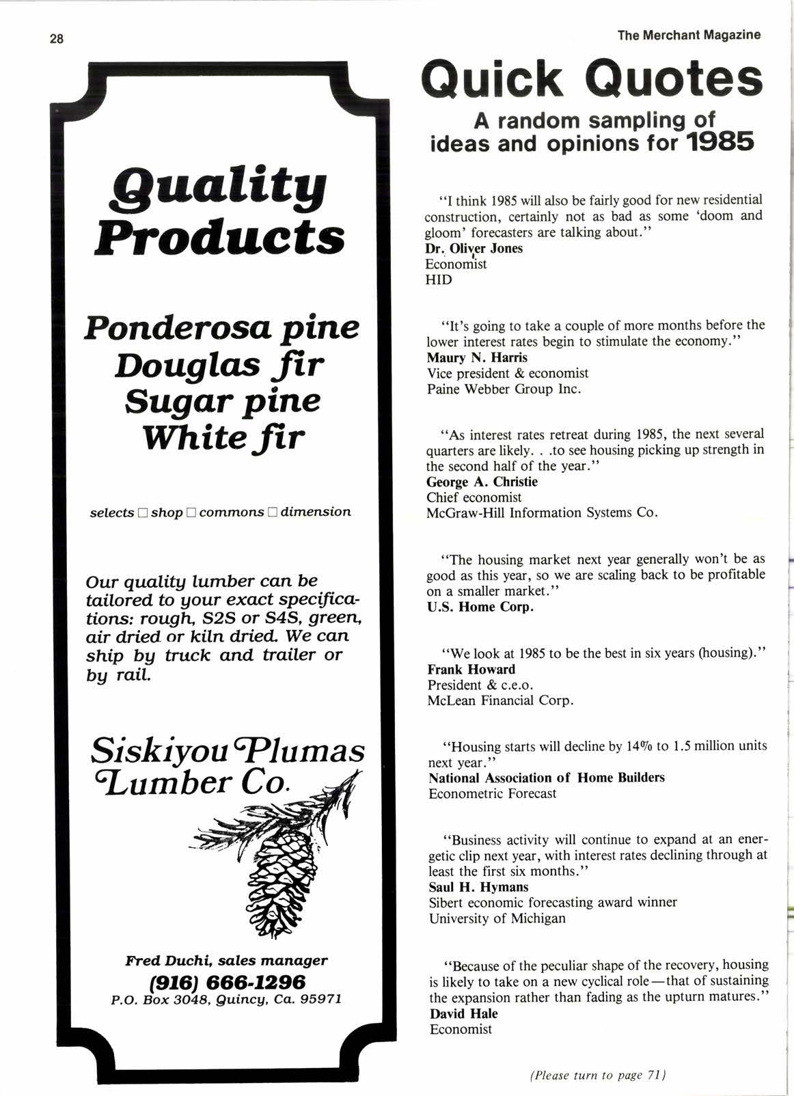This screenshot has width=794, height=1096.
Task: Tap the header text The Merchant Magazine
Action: [688, 35]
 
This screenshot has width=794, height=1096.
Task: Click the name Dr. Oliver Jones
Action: [474, 249]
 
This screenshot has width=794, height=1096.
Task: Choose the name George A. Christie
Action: [482, 482]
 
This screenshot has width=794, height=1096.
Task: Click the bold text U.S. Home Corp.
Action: [480, 607]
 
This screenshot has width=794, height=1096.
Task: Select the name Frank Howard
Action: [471, 669]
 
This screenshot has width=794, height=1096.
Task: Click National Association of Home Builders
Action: [546, 778]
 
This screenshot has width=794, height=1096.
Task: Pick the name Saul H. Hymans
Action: [478, 887]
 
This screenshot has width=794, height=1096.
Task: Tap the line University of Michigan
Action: [497, 918]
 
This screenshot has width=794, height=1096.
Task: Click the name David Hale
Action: [463, 1014]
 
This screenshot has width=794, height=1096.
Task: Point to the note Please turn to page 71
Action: [598, 1075]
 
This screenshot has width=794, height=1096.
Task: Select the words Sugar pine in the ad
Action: [222, 402]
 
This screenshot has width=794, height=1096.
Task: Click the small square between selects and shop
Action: [142, 512]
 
